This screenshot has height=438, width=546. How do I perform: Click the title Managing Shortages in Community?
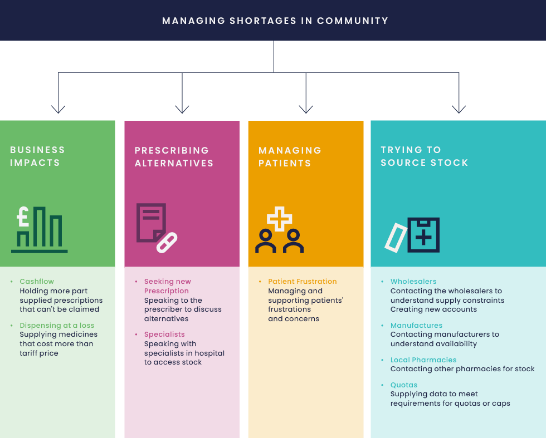point(275,21)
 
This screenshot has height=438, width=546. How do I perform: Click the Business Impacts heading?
point(37,156)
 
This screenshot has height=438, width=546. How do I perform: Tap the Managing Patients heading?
point(290,157)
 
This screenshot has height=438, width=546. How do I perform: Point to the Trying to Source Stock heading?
point(424,156)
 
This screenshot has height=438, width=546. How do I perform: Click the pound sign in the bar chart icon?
point(23,216)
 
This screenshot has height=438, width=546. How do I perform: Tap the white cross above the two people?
point(279,218)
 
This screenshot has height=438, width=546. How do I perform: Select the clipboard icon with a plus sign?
point(423,235)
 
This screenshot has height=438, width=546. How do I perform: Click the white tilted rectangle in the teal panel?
point(395,238)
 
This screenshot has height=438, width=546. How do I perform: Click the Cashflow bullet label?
point(37,282)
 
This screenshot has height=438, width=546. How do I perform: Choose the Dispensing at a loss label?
point(57,326)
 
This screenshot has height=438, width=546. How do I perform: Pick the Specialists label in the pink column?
point(164,334)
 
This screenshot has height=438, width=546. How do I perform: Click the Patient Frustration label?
point(302,282)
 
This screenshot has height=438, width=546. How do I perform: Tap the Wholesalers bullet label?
point(413,282)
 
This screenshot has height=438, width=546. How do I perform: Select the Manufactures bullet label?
point(416,326)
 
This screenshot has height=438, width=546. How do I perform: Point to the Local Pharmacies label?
point(423,360)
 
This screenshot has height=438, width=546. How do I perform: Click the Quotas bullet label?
point(403,385)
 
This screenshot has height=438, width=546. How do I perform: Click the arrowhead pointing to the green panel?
point(58,110)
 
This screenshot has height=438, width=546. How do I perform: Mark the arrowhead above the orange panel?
point(305,110)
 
